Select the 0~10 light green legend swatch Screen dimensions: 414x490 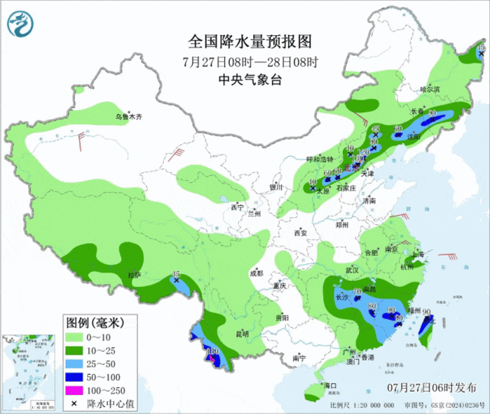click(74, 337)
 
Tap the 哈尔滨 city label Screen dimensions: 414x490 click(430, 90)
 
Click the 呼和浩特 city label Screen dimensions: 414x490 click(320, 159)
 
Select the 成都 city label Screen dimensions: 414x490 click(255, 272)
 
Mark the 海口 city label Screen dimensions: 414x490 click(330, 384)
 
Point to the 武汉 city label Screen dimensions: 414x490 click(352, 270)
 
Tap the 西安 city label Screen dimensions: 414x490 click(299, 233)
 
